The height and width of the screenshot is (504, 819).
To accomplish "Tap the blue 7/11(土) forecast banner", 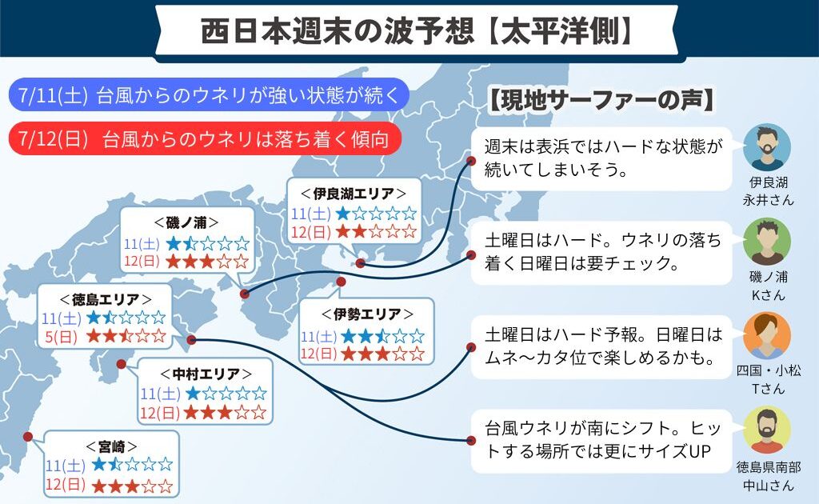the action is [209, 95].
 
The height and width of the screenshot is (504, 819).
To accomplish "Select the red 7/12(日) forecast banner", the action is [206, 139].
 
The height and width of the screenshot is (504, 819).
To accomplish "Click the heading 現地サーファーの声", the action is [601, 100].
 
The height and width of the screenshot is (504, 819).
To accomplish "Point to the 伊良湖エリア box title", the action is [354, 194].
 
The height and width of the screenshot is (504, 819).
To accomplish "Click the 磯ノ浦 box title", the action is [186, 222].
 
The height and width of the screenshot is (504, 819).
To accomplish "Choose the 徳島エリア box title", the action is [106, 299].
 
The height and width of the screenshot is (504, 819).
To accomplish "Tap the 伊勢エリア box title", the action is [367, 314].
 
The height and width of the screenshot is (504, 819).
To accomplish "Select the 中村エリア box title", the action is [206, 374].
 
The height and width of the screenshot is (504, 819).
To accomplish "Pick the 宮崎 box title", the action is [112, 446].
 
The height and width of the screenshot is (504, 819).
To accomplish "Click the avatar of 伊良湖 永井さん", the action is [767, 147].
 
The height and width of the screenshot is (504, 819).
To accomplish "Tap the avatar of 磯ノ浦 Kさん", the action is [767, 242].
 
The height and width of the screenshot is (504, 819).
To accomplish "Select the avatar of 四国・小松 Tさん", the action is [767, 336].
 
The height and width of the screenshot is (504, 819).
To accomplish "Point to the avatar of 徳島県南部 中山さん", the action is [767, 430].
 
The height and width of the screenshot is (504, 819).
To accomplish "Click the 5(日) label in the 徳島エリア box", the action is [61, 337].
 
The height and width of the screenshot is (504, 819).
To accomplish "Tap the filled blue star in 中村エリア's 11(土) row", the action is [194, 393].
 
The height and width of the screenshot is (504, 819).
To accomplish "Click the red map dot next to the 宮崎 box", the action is [28, 437].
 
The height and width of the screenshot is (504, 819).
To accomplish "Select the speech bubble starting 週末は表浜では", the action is [601, 158].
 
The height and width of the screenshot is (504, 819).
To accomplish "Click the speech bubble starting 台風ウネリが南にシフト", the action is [601, 441].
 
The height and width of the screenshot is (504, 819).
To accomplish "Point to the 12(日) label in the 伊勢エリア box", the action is [319, 354].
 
